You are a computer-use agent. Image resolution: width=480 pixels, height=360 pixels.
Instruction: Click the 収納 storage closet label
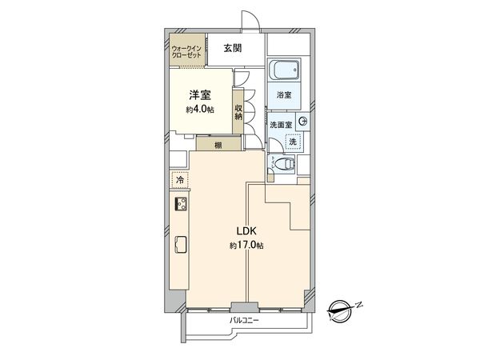click(x=238, y=111)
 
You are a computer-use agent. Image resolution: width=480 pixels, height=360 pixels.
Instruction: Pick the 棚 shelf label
click(x=218, y=145)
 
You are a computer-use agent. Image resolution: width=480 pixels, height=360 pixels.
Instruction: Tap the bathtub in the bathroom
click(x=284, y=72)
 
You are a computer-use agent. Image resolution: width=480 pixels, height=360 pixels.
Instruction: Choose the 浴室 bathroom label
click(x=284, y=95)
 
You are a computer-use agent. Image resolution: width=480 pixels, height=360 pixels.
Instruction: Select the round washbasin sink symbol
click(x=302, y=121)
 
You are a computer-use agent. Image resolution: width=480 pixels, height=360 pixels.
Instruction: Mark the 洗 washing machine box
click(x=293, y=141)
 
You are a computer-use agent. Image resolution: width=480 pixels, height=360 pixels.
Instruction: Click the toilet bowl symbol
click(x=282, y=165)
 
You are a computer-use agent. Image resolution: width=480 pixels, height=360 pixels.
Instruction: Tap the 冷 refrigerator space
click(x=179, y=181)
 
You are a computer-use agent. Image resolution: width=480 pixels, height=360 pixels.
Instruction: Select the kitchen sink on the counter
click(x=180, y=244)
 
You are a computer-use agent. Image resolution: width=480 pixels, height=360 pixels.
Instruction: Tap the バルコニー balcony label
click(x=246, y=321)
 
